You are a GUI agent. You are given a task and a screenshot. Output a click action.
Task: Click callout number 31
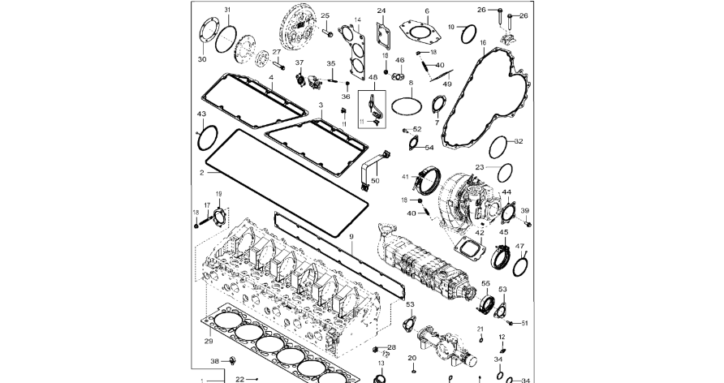pyautogui.click(x=228, y=10)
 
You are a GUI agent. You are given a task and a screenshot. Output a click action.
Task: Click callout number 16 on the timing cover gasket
pyautogui.click(x=482, y=42)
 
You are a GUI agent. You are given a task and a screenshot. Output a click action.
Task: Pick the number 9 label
pyautogui.click(x=351, y=236)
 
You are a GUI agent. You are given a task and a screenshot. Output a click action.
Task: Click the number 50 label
pyautogui.click(x=374, y=180)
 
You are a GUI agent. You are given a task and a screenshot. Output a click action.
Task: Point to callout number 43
pyautogui.click(x=200, y=114)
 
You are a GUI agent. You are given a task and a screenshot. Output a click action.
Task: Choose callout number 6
pyautogui.click(x=426, y=11)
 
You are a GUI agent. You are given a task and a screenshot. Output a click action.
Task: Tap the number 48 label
pyautogui.click(x=373, y=77)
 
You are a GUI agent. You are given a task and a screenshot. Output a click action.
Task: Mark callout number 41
pyautogui.click(x=404, y=176)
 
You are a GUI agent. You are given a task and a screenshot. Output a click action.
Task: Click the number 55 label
pyautogui.click(x=486, y=283)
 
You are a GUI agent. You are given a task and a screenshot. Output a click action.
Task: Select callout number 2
pyautogui.click(x=202, y=172)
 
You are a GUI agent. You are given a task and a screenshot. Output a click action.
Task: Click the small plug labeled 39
pyautogui.click(x=528, y=222)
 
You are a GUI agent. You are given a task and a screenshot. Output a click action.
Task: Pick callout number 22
pyautogui.click(x=240, y=379)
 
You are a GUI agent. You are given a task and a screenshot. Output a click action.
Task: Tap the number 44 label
pyautogui.click(x=506, y=193)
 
